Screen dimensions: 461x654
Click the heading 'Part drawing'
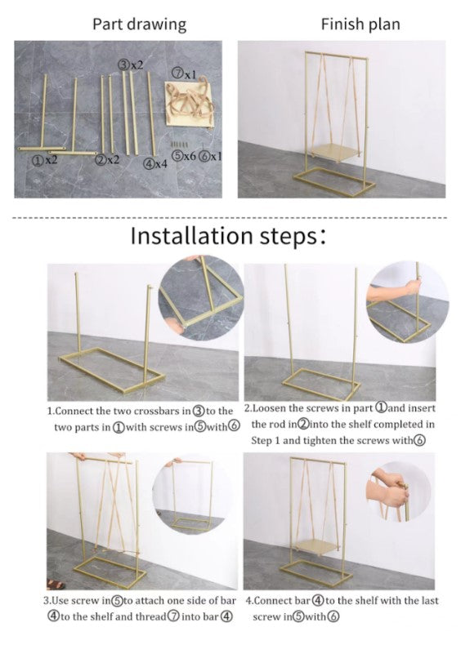point(140,24)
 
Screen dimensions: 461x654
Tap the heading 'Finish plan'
point(360,24)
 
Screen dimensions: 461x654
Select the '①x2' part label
point(44,160)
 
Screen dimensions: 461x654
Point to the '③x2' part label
point(131,65)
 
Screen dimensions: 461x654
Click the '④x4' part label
point(155,163)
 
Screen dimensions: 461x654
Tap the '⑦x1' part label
point(184,73)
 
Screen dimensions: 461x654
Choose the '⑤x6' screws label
point(184,156)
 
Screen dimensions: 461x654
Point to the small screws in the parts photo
point(178,144)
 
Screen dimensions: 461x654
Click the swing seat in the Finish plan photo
point(335,151)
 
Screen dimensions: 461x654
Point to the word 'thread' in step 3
point(153,616)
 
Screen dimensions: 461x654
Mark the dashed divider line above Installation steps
point(230,217)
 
